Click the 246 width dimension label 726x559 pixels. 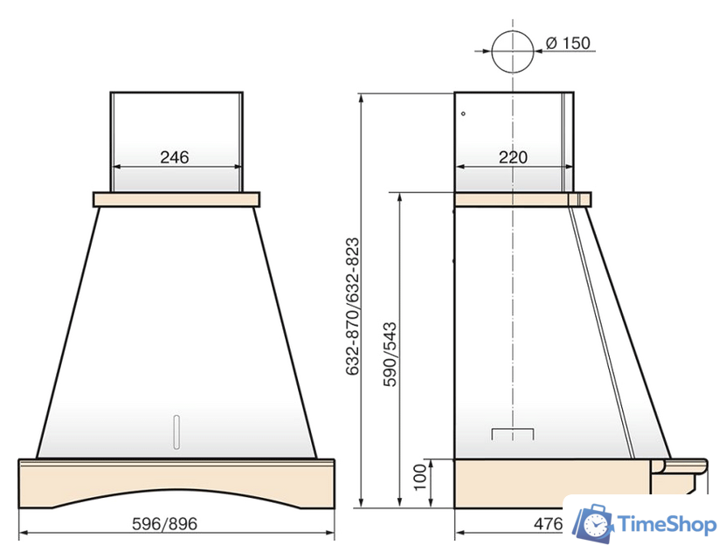pos(175,157)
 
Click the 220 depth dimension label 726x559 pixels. pos(513,157)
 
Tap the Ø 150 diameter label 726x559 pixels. pos(568,43)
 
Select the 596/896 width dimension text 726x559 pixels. pos(165,524)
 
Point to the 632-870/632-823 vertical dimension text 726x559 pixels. pos(352,307)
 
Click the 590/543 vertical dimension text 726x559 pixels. pos(390,354)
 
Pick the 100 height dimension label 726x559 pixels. pos(419,477)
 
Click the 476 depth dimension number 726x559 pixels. pos(548,524)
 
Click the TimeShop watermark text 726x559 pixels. pos(667,524)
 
